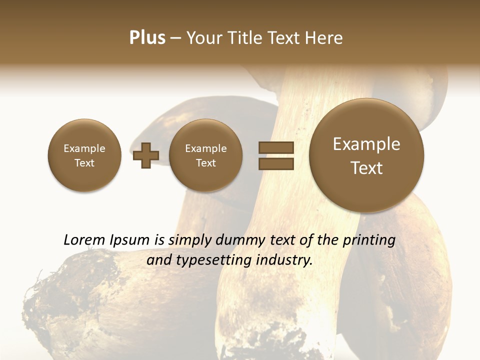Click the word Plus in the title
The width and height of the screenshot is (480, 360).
click(x=147, y=38)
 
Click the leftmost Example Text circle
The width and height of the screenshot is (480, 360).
click(x=84, y=155)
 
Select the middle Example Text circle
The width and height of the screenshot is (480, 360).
click(x=206, y=155)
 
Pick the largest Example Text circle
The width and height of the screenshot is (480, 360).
click(x=366, y=155)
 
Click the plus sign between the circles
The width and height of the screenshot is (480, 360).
click(x=146, y=155)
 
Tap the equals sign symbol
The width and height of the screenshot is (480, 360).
click(x=276, y=155)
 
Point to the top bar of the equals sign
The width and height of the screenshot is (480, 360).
click(x=276, y=147)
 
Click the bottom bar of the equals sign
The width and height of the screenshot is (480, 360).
click(x=276, y=164)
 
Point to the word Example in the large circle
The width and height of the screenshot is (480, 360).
click(x=366, y=144)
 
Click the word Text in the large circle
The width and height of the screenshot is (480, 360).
click(x=366, y=168)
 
